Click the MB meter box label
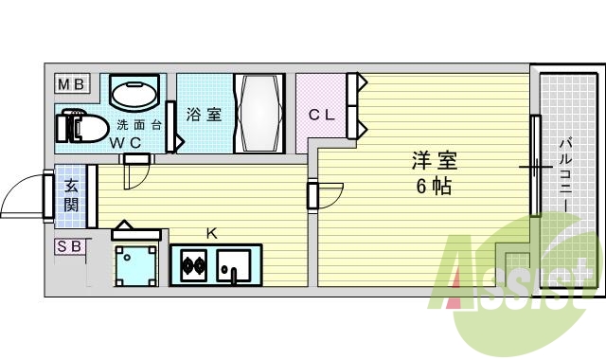[71, 85]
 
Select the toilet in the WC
[80, 126]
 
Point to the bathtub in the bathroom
[258, 114]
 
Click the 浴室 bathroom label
[204, 115]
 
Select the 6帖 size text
[431, 186]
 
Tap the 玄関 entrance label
[72, 197]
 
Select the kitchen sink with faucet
[234, 263]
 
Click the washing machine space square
[135, 264]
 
